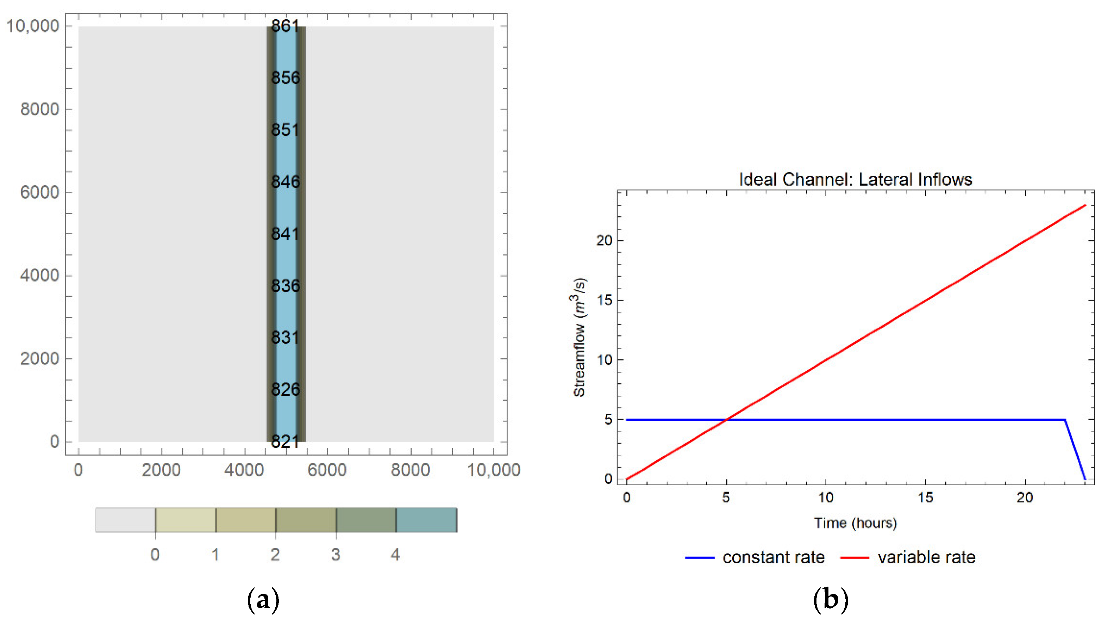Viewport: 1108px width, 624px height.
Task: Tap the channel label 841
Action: point(285,234)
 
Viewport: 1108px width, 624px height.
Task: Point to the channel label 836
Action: point(285,286)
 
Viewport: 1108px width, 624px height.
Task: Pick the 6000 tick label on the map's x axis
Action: point(327,470)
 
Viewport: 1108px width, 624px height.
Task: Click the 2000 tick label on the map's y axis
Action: point(39,358)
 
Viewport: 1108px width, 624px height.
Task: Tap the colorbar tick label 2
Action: point(275,555)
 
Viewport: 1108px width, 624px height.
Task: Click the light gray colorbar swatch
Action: point(125,520)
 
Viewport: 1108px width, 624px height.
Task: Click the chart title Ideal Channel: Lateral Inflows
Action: point(855,179)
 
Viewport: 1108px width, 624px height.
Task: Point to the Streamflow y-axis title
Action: point(580,337)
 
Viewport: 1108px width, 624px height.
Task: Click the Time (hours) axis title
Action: point(855,523)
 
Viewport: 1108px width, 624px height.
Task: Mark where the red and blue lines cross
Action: point(726,419)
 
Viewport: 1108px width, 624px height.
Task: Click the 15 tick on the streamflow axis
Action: point(605,300)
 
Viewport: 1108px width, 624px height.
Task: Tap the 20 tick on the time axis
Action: point(1025,498)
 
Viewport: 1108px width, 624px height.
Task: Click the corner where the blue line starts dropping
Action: point(1065,420)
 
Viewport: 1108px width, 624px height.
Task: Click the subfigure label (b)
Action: point(831,599)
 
